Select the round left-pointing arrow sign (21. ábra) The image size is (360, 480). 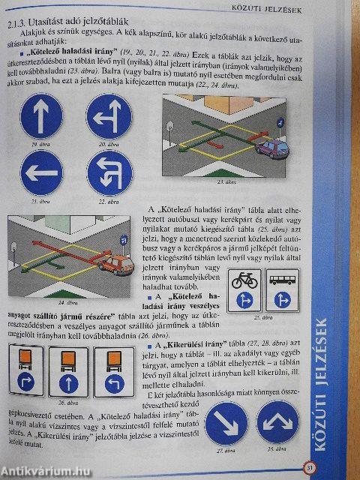[x=43, y=173]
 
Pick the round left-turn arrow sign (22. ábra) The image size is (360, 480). [x=109, y=173]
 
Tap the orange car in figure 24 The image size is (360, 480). [x=113, y=262]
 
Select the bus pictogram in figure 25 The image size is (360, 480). [x=282, y=280]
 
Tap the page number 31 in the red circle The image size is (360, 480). [x=311, y=470]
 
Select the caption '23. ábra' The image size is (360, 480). [x=223, y=182]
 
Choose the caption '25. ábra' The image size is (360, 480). [x=262, y=317]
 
